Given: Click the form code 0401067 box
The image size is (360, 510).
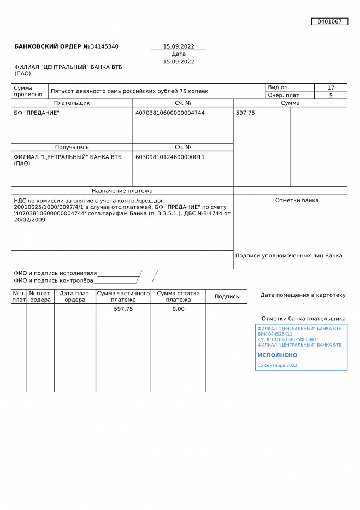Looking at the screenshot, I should pyautogui.click(x=329, y=22).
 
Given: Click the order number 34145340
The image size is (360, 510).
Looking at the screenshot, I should pyautogui.click(x=104, y=47).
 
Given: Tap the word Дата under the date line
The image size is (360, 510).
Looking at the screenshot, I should pyautogui.click(x=179, y=54).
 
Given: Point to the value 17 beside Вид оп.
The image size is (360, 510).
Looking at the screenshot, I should pyautogui.click(x=331, y=87).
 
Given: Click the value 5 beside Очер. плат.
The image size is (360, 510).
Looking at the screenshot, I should pyautogui.click(x=331, y=95).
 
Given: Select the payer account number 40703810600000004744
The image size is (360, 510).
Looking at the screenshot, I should pyautogui.click(x=170, y=113).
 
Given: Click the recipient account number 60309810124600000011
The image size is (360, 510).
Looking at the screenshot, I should pyautogui.click(x=170, y=157).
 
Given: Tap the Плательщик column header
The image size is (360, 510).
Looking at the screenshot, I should pyautogui.click(x=72, y=103).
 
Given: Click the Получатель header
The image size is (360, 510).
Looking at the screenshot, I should pyautogui.click(x=72, y=147).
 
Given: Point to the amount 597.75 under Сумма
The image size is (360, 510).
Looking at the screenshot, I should pyautogui.click(x=245, y=113).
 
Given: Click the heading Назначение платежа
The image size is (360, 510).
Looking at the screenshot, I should pyautogui.click(x=122, y=191).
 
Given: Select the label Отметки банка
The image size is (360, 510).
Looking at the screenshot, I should pyautogui.click(x=297, y=200).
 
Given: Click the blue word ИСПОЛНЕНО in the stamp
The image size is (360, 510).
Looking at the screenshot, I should pyautogui.click(x=278, y=355).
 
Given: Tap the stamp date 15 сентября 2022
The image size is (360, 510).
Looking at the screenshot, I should pyautogui.click(x=278, y=365).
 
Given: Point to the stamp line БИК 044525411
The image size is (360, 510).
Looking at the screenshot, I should pyautogui.click(x=275, y=334).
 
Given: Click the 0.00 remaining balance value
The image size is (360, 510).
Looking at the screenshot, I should pyautogui.click(x=179, y=309).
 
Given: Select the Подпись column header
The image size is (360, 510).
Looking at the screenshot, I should pyautogui.click(x=227, y=297).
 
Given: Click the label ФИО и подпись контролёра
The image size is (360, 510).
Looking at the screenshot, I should pyautogui.click(x=54, y=280).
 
